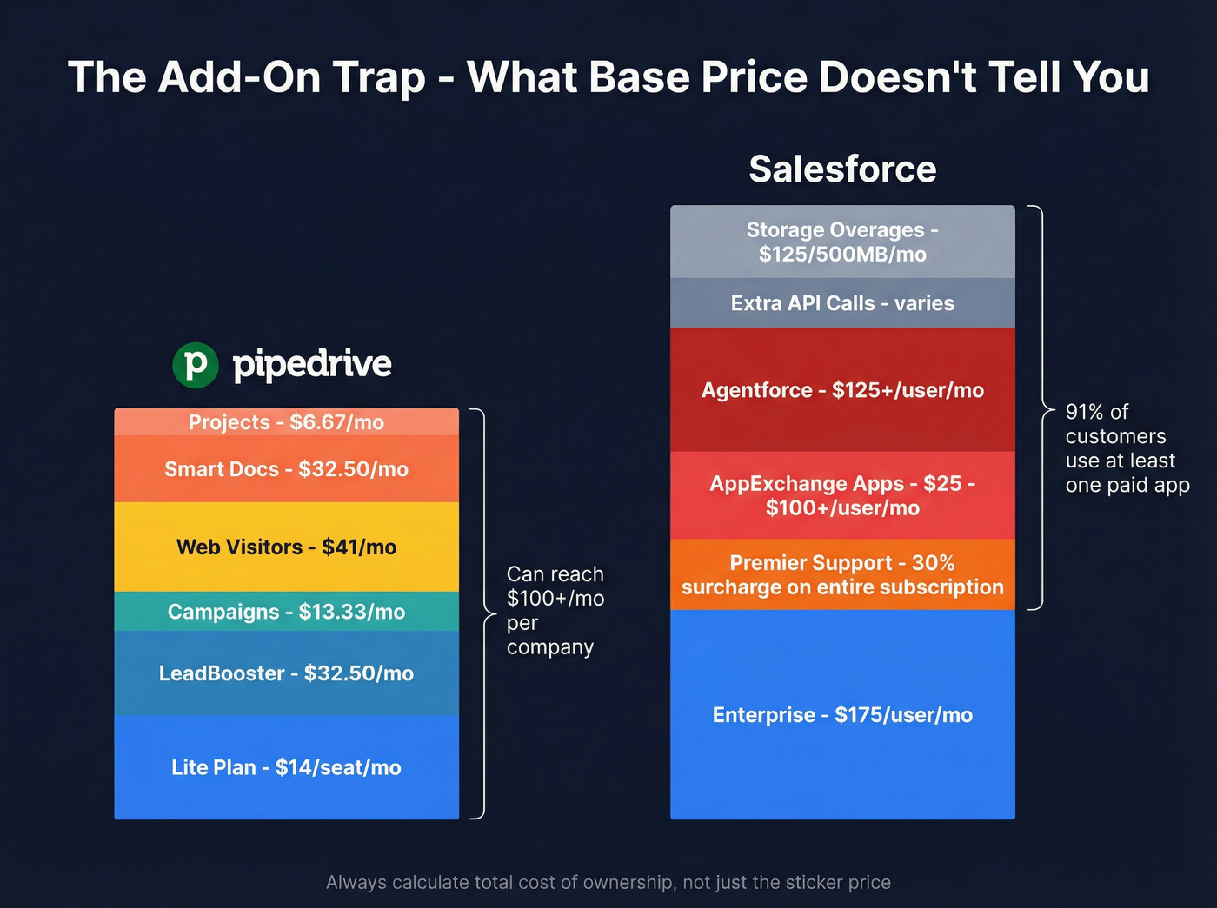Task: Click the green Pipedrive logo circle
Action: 196,365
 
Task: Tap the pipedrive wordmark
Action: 312,364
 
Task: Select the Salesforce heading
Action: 842,169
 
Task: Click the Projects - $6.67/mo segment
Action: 286,422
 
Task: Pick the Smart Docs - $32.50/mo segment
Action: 286,469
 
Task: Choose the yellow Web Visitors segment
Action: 286,547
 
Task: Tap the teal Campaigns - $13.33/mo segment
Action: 286,612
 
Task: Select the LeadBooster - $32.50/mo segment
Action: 286,673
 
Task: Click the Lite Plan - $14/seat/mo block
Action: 286,767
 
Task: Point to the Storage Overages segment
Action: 842,242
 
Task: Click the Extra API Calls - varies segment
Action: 842,303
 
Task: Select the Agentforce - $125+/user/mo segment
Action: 842,390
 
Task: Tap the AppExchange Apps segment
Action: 842,495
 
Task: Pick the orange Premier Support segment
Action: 842,574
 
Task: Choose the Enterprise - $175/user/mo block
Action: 842,715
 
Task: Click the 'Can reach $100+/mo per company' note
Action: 555,611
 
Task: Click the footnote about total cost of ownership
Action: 608,883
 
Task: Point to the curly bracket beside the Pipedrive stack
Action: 480,613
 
